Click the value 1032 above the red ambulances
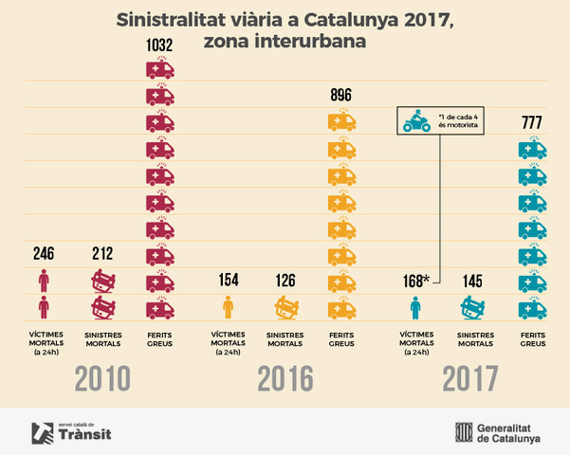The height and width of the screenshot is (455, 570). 159,45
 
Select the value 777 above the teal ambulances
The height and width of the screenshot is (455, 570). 532,121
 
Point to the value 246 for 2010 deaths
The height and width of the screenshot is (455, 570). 44,253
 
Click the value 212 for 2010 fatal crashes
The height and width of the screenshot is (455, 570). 103,253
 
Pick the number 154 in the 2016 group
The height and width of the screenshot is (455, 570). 227,281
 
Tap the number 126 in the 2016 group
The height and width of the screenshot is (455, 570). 285,281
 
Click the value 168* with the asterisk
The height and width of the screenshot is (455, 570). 416,281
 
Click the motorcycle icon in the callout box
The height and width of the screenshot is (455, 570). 415,123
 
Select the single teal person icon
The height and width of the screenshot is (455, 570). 414,307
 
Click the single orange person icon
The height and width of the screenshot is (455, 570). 227,307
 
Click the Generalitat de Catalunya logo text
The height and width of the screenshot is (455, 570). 509,432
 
